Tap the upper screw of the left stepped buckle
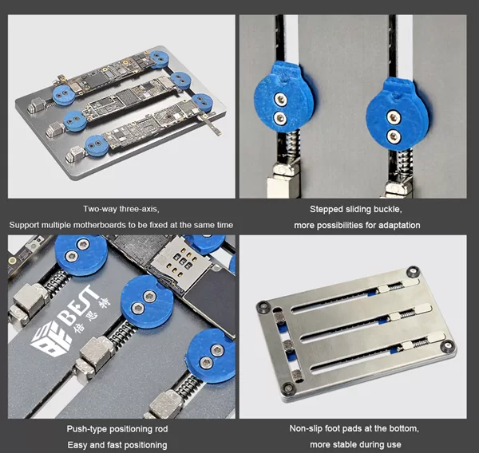click(x=280, y=99)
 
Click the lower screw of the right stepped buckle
click(x=393, y=136)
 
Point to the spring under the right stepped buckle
click(x=404, y=165)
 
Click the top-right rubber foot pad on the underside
click(x=413, y=271)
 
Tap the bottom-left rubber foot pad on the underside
click(x=287, y=388)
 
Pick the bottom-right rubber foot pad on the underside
click(x=447, y=346)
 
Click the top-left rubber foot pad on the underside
click(x=263, y=306)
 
